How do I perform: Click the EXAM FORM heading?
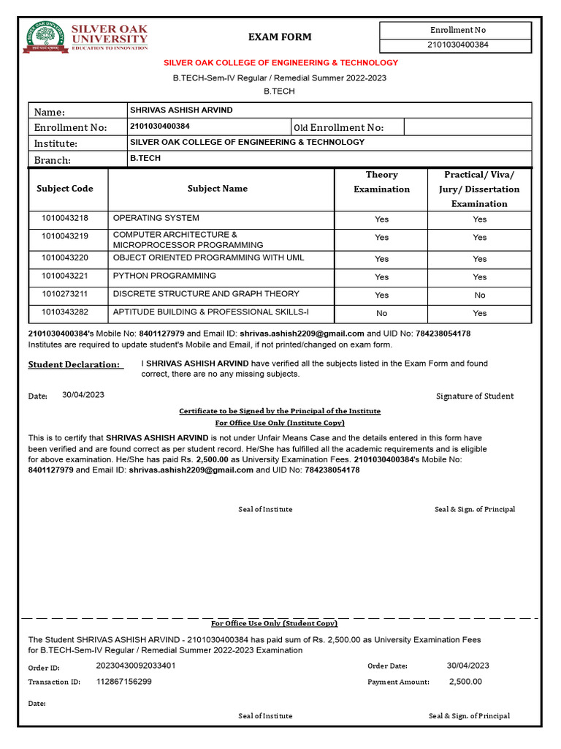pos(280,37)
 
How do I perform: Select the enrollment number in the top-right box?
pos(458,45)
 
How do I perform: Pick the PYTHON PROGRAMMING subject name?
pos(164,276)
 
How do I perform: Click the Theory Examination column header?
pos(381,182)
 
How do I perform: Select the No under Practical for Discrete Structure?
pos(479,296)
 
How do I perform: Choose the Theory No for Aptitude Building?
pos(381,313)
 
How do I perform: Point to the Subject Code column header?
pos(65,189)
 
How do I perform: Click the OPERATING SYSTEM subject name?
pos(156,218)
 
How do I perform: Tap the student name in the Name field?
pos(181,110)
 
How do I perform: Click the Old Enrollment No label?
pos(338,128)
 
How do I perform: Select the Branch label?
pos(53,160)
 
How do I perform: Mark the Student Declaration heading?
pos(73,364)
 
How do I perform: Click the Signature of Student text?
pos(475,396)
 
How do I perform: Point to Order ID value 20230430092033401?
pos(136,666)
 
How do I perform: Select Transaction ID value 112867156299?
pos(124,682)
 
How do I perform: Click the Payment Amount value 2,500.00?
pos(465,682)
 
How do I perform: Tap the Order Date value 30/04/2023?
pos(468,666)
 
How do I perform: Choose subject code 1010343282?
pos(65,312)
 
